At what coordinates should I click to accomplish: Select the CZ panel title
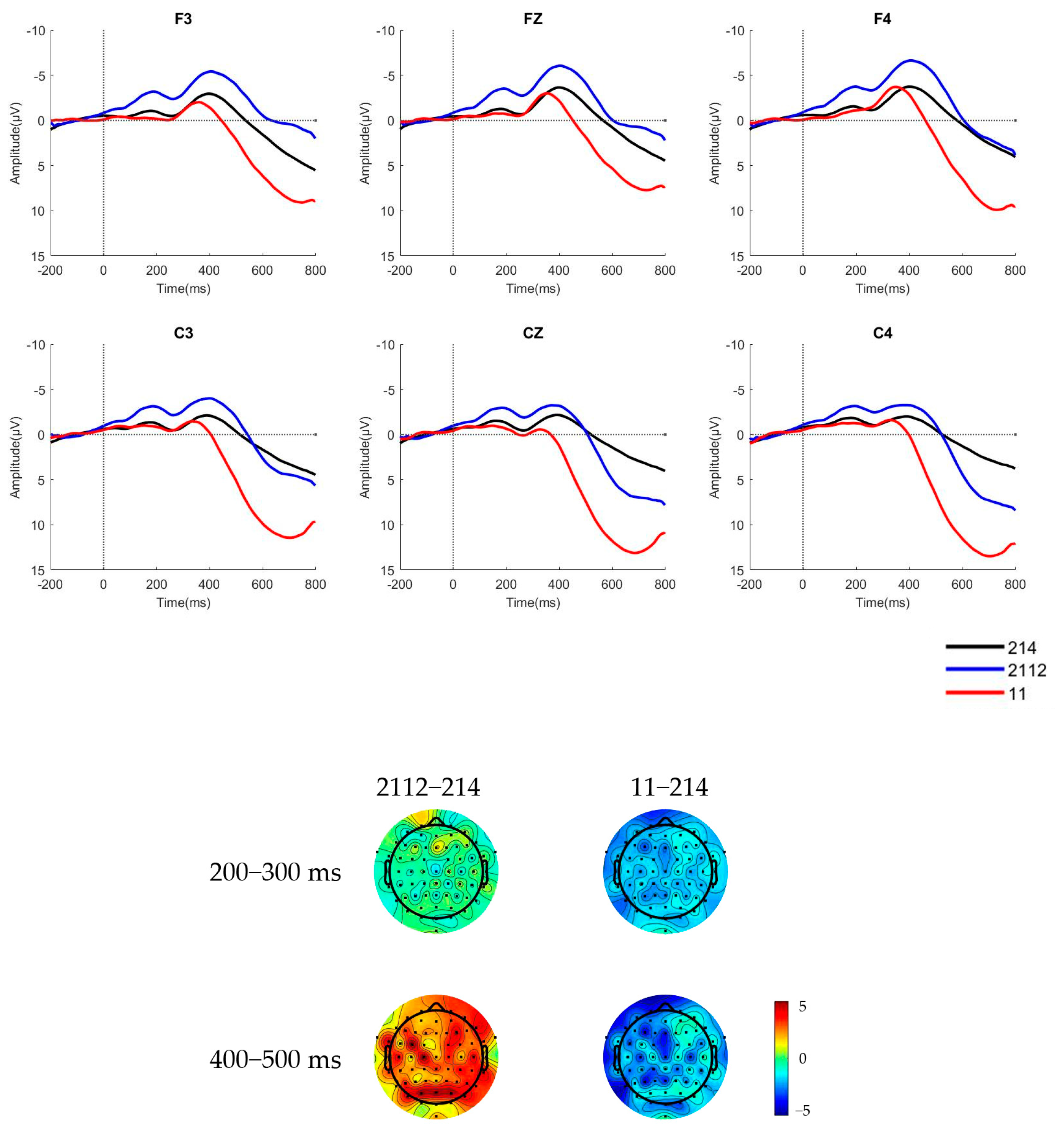click(532, 333)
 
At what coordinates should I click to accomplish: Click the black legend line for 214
click(974, 647)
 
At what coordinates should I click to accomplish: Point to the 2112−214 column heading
click(428, 787)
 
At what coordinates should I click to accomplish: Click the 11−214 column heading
click(669, 787)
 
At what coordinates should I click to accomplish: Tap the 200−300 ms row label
click(275, 872)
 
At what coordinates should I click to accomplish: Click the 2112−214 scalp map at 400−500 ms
click(436, 1057)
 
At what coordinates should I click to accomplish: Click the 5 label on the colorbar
click(802, 1006)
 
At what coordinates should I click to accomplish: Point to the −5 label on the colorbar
click(802, 1110)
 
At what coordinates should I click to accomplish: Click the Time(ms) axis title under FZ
click(532, 289)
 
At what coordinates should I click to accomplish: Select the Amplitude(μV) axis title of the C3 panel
click(16, 457)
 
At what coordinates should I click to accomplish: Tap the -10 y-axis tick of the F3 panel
click(35, 31)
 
